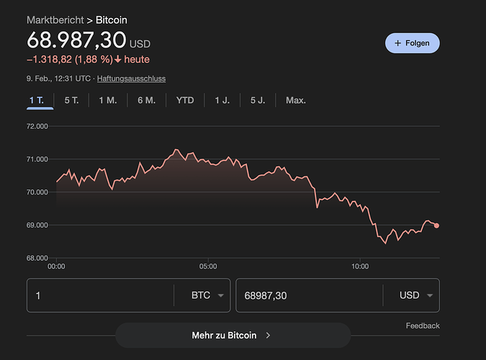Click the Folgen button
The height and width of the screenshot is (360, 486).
point(412,43)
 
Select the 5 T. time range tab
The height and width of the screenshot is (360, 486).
point(71,100)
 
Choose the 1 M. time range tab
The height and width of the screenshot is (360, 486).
point(107,100)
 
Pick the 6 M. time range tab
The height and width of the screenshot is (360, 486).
point(146,100)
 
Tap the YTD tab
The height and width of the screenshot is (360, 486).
point(185,100)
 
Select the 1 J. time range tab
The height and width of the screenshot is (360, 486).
point(222,100)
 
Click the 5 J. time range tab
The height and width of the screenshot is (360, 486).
point(258,100)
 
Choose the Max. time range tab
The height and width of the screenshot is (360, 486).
point(296,100)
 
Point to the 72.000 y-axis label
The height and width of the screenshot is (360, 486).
point(36,126)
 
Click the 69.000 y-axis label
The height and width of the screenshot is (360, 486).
point(36,225)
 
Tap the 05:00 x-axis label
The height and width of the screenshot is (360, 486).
point(208,266)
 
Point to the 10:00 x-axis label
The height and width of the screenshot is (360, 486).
point(360,266)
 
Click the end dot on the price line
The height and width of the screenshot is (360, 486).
point(437,225)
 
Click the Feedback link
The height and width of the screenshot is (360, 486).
point(423,325)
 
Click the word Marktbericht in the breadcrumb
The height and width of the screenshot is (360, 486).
point(54,19)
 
